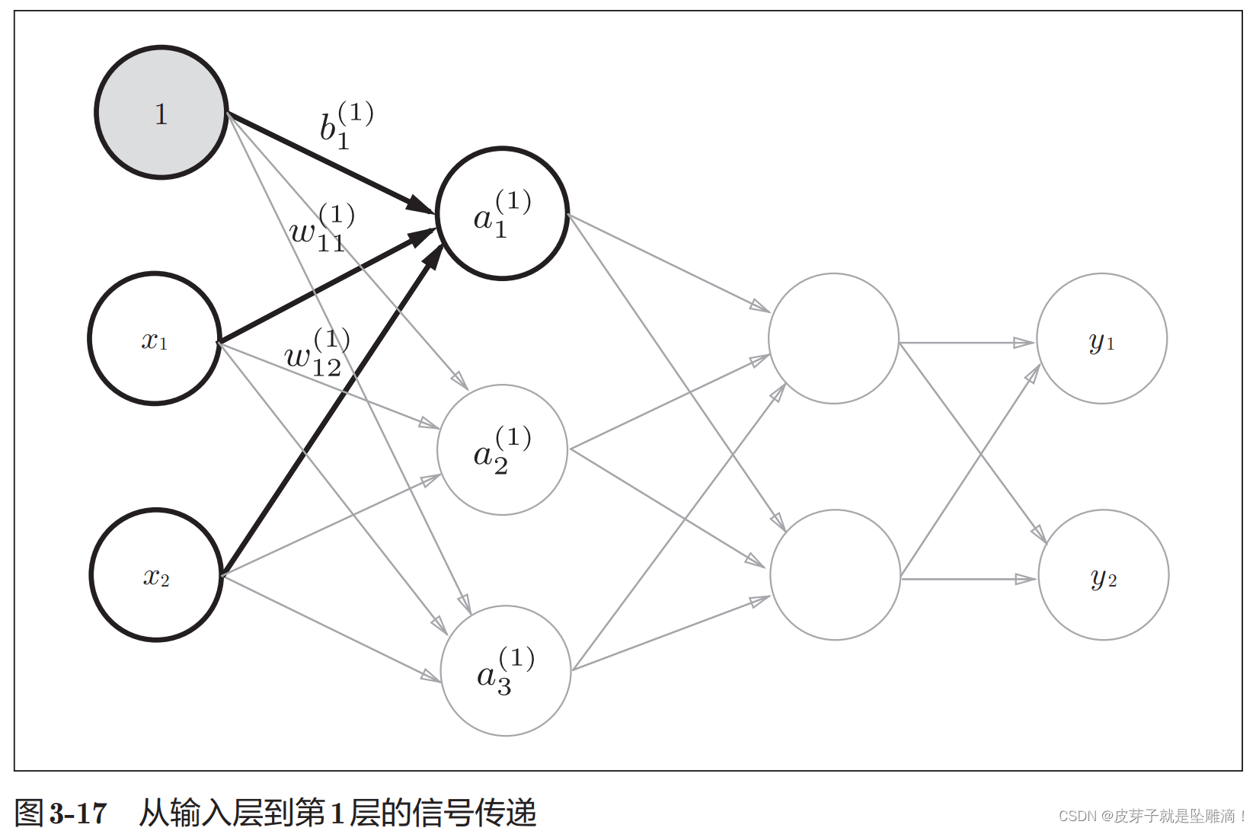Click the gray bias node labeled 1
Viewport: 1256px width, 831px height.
coord(161,113)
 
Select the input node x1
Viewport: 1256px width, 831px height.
coord(155,338)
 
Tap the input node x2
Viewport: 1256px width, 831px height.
coord(156,575)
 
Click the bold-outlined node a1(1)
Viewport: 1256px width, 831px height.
coord(502,214)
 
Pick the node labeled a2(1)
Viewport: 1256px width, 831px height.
coord(502,450)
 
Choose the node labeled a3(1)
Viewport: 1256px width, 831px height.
coord(505,670)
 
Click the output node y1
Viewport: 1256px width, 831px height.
coord(1101,339)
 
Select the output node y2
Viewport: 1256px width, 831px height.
coord(1103,575)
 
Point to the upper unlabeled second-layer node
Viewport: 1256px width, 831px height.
coord(833,338)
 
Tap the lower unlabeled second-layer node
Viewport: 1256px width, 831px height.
coord(835,575)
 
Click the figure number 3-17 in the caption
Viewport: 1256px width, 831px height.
coord(78,813)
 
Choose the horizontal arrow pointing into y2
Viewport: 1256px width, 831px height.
coord(967,580)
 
